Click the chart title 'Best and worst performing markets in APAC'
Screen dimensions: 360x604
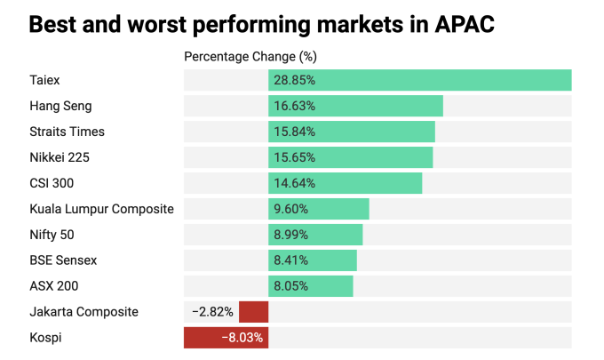pos(261,24)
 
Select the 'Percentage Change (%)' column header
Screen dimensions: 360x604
pos(250,57)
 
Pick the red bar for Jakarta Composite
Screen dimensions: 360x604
pos(253,312)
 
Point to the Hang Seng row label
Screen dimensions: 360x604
pos(60,106)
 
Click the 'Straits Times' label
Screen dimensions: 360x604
pos(67,132)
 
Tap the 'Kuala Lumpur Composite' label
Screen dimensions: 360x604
pos(101,209)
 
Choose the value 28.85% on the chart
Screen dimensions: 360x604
pos(295,80)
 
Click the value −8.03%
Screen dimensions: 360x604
pos(242,338)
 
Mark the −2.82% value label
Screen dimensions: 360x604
pos(212,312)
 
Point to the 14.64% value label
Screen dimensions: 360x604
pos(295,183)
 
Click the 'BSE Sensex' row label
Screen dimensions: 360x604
pos(63,260)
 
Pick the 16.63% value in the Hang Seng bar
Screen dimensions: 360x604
pos(295,106)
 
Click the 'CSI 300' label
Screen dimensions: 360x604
pos(52,183)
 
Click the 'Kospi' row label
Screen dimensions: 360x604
pos(44,338)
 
